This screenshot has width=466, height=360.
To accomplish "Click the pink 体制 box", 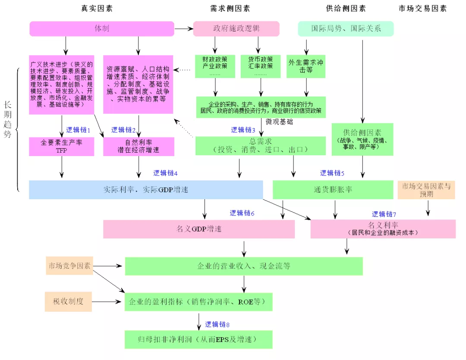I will [x=102, y=29].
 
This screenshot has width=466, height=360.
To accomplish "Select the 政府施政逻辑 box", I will [x=236, y=29].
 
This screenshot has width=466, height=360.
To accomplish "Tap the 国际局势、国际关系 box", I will [x=346, y=29].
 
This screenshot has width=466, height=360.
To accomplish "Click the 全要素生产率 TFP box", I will [x=61, y=147].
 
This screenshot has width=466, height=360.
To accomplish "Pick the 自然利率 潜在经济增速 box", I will [x=139, y=147].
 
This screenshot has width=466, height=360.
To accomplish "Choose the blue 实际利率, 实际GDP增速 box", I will [x=146, y=190].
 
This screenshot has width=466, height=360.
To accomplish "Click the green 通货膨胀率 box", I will [x=333, y=190].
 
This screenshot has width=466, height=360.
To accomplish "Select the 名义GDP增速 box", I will [x=198, y=229].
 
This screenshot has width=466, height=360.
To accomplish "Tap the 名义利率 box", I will [x=383, y=229].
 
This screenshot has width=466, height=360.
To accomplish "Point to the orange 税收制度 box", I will [x=68, y=301].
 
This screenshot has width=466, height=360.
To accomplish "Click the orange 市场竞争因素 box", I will [x=69, y=266].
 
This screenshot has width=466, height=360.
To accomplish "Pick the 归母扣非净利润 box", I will [x=198, y=339].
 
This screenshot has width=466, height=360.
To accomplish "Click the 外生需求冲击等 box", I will [x=306, y=66].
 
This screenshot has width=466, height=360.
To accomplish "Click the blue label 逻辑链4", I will [x=165, y=173].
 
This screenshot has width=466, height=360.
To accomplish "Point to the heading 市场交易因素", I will [x=422, y=9].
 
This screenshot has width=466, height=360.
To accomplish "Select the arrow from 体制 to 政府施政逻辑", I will [x=183, y=29].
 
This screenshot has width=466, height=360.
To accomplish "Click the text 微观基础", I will [x=280, y=122].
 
